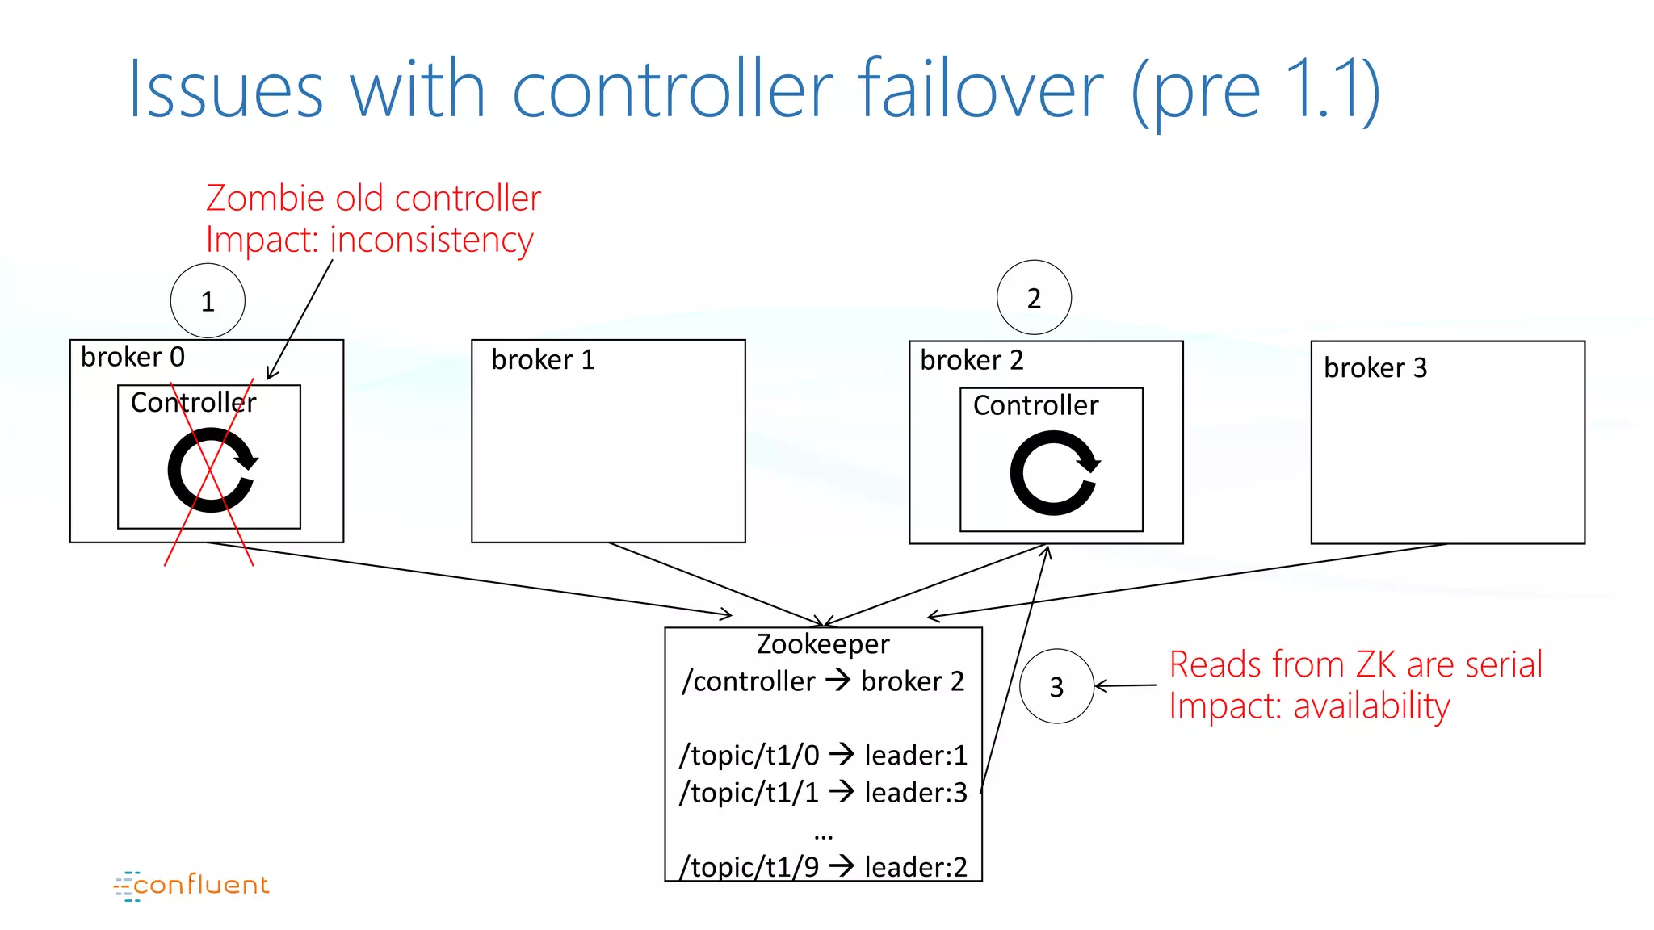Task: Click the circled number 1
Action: (x=208, y=301)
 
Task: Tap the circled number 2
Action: (x=1034, y=298)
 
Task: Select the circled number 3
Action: (x=1056, y=687)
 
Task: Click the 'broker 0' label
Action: (x=132, y=357)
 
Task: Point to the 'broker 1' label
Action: (x=543, y=359)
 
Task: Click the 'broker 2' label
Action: (x=972, y=360)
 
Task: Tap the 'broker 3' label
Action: (x=1375, y=368)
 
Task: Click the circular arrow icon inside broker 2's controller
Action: (x=1054, y=473)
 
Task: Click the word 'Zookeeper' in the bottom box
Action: (x=823, y=644)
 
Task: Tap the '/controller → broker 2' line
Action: (x=823, y=681)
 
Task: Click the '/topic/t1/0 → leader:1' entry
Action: (x=823, y=756)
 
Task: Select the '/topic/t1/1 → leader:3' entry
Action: (x=823, y=793)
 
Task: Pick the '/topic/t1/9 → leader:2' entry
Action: (x=823, y=867)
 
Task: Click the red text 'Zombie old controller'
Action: (x=373, y=199)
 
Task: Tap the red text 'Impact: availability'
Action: (x=1309, y=706)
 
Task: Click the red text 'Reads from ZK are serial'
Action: (x=1355, y=664)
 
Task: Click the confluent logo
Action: (x=192, y=886)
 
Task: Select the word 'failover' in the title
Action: (x=980, y=90)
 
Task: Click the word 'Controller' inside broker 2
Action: (x=1035, y=405)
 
